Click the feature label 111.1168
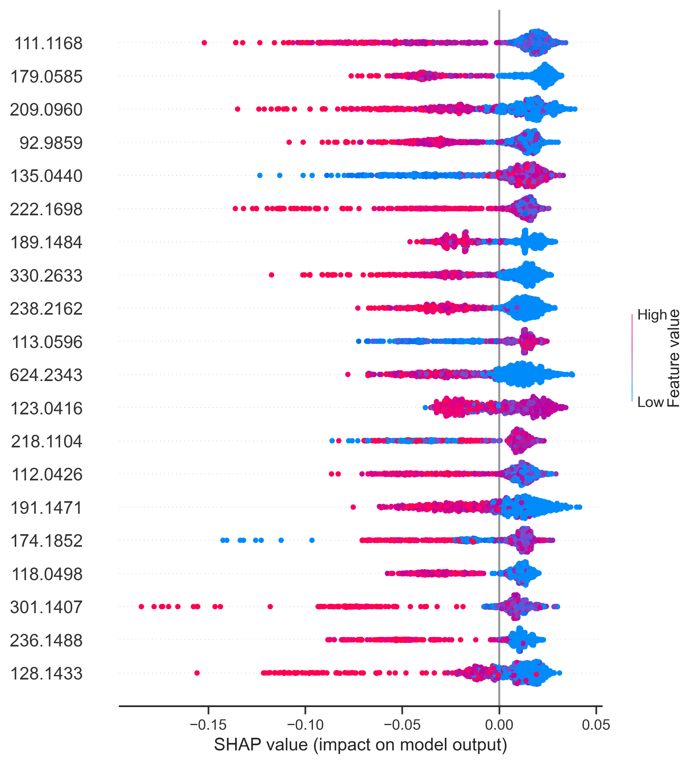(48, 44)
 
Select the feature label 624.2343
(46, 375)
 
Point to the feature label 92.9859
(51, 143)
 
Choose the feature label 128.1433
(46, 674)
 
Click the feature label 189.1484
(46, 242)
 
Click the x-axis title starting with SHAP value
(360, 745)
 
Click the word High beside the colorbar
(652, 315)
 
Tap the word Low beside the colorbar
(650, 402)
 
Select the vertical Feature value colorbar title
(674, 358)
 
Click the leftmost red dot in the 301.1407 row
(142, 607)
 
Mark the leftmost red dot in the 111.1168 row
(204, 42)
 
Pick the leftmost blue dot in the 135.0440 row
(260, 175)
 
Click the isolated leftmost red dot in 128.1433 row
(197, 673)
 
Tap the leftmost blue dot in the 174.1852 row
(223, 540)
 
